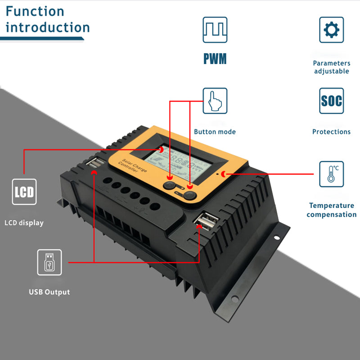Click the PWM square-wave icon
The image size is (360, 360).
tap(215, 30)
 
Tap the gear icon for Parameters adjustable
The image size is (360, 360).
tap(332, 30)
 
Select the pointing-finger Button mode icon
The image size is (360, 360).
tap(215, 101)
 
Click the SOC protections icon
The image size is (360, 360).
tap(332, 101)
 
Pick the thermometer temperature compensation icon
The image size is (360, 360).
tap(332, 174)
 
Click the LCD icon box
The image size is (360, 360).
tap(24, 192)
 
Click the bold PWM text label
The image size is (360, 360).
tap(215, 58)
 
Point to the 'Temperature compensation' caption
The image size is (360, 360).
tap(332, 210)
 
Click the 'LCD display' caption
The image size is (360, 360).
tap(24, 223)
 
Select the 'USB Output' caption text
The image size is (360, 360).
tap(49, 292)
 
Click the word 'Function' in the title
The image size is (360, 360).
tap(35, 11)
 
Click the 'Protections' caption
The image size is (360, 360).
tap(332, 132)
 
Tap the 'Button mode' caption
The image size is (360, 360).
tap(215, 132)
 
